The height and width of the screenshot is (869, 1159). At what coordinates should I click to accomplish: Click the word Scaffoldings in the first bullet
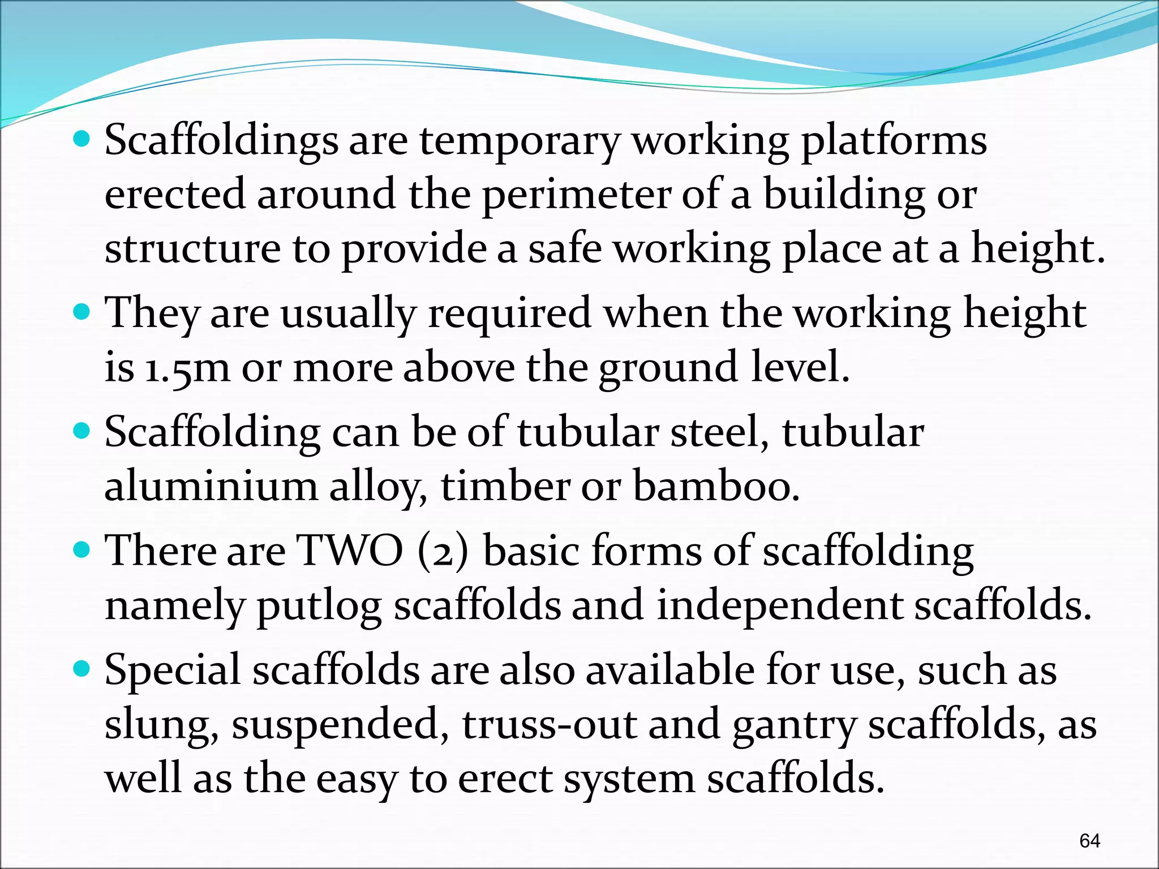tap(221, 140)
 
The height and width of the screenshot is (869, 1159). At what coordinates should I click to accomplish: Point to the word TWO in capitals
tap(350, 550)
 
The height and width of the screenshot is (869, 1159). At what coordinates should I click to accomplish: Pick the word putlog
tap(319, 605)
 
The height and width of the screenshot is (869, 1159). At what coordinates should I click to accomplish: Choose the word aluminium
tap(211, 486)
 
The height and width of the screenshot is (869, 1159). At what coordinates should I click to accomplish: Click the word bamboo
tap(715, 486)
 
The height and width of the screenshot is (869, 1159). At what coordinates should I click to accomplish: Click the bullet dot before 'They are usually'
tap(82, 312)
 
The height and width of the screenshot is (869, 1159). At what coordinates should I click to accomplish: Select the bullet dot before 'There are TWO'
tap(82, 549)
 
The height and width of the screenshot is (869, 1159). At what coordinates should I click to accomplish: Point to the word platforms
tap(894, 141)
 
